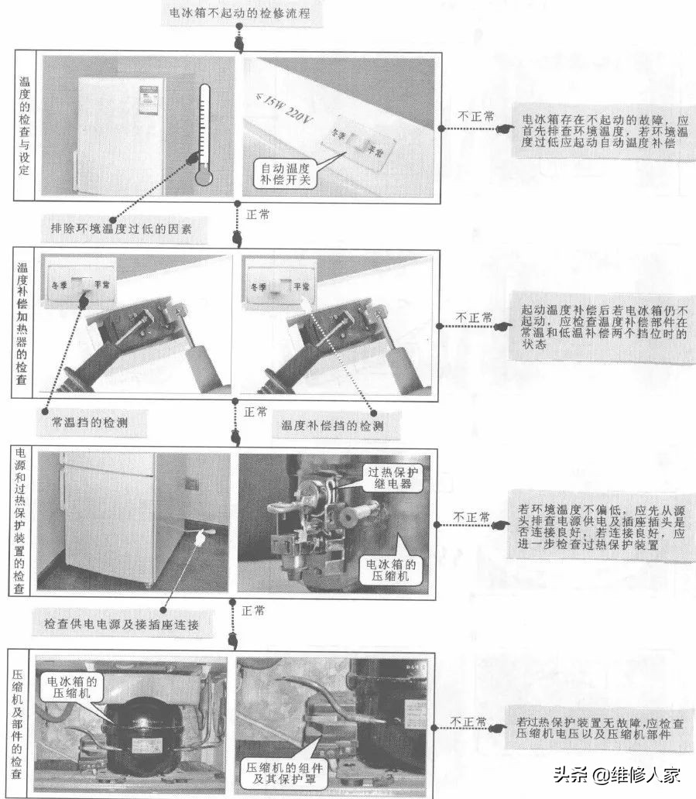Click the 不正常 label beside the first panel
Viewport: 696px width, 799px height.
coord(475,115)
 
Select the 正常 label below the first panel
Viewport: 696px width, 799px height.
coord(257,214)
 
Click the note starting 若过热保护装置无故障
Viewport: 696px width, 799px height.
coord(599,728)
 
